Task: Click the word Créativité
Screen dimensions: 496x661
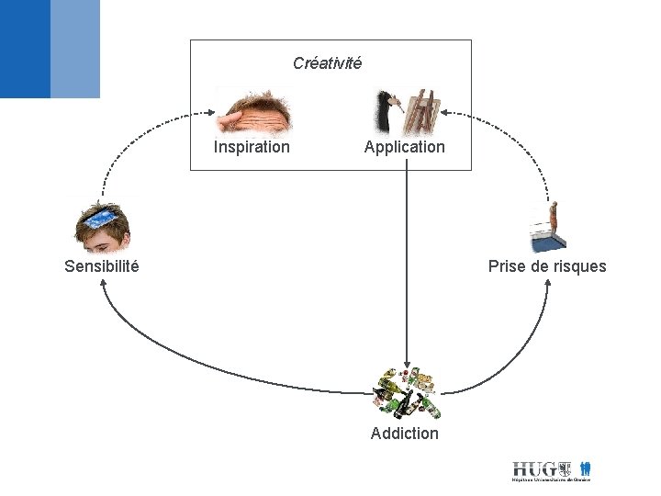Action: [x=327, y=63]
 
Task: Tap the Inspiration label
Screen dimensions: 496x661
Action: [x=252, y=147]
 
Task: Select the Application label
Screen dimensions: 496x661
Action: [x=404, y=147]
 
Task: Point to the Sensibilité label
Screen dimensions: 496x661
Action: [x=102, y=266]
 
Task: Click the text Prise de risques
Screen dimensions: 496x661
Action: [x=547, y=266]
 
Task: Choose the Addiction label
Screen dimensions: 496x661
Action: [x=405, y=434]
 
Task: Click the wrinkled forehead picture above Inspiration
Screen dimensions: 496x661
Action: [x=254, y=111]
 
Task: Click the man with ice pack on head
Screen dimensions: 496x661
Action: [x=102, y=226]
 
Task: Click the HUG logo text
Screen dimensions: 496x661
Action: [x=533, y=468]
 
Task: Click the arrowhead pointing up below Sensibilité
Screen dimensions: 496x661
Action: [x=102, y=283]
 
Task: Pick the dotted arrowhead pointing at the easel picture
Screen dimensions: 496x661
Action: [x=449, y=115]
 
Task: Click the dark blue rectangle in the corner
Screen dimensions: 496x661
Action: [x=25, y=49]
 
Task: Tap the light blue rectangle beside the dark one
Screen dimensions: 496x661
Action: [x=75, y=49]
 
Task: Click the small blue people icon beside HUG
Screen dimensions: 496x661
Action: [x=586, y=468]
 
